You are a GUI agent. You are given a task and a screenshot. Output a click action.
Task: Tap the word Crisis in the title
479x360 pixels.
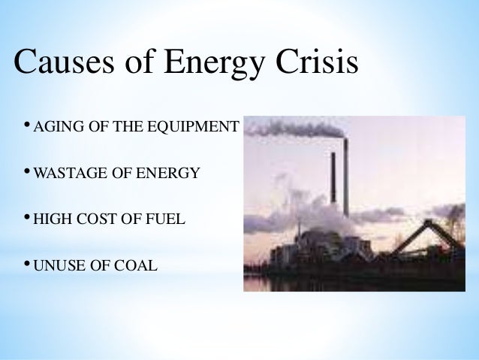point(315,65)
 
